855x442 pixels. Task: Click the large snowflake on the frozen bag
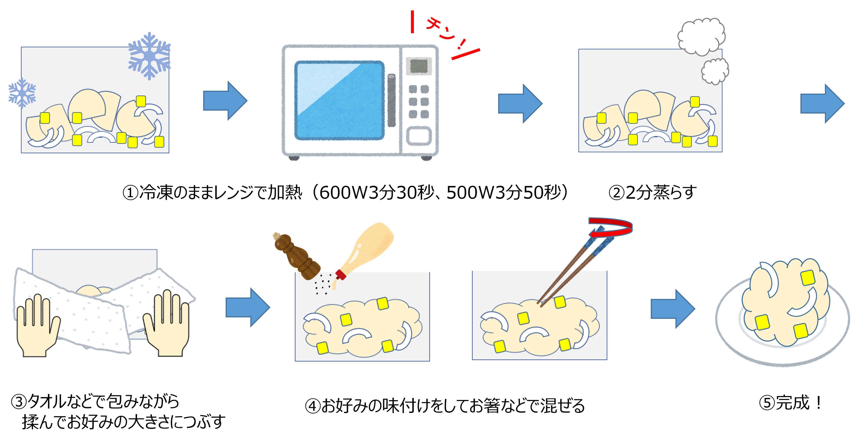pyautogui.click(x=149, y=55)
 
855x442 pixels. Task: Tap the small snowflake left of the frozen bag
pyautogui.click(x=22, y=93)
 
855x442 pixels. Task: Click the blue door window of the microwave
pyautogui.click(x=339, y=100)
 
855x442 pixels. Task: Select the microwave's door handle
pyautogui.click(x=392, y=100)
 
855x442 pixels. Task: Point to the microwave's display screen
pyautogui.click(x=419, y=66)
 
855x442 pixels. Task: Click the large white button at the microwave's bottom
pyautogui.click(x=419, y=136)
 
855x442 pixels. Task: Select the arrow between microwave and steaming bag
pyautogui.click(x=520, y=103)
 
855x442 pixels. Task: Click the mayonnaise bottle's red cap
pyautogui.click(x=340, y=274)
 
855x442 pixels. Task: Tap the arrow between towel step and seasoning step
pyautogui.click(x=248, y=307)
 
